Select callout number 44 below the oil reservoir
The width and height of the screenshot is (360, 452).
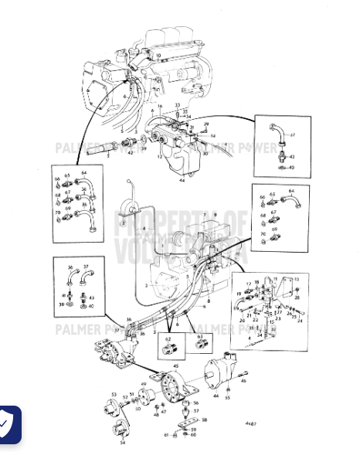pos(182,179)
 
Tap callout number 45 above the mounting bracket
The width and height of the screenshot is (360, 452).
pos(175,365)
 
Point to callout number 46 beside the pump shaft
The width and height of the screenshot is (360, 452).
pos(245,381)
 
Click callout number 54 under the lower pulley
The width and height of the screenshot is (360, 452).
pos(122,442)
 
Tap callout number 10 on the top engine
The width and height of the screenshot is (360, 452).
pos(159,56)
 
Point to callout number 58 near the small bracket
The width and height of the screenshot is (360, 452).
pos(204,420)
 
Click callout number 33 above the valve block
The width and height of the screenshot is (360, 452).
pos(177,104)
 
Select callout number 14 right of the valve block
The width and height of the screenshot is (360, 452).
pos(213,135)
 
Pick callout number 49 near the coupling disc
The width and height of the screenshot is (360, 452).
pos(143,385)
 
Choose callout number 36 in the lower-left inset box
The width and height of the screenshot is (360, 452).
pos(70,267)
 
